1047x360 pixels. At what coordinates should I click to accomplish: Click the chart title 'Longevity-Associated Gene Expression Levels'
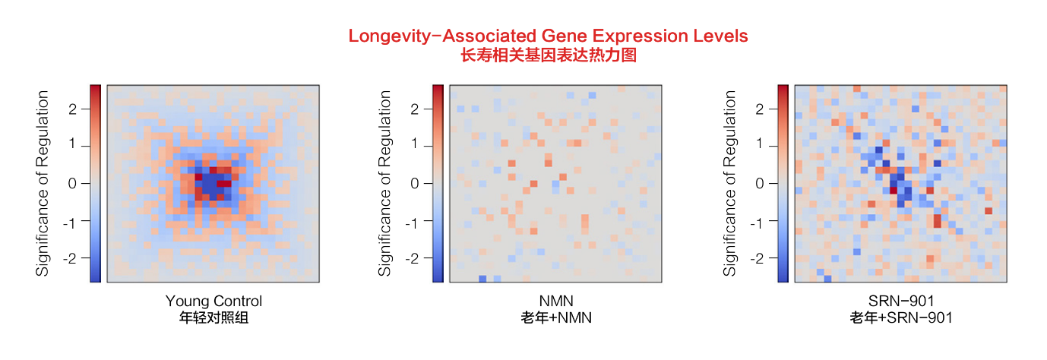coord(548,36)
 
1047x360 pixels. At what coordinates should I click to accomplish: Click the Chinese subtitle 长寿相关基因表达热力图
coord(548,55)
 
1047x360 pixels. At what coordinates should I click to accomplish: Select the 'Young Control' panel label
coord(214,301)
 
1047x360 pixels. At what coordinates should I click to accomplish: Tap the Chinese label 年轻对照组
coord(214,317)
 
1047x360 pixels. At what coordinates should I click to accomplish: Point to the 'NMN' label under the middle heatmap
coord(557,301)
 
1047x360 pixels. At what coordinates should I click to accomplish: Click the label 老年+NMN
coord(557,317)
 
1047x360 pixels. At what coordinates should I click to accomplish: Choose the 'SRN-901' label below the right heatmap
coord(901,301)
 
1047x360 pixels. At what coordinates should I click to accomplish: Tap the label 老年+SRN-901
coord(901,317)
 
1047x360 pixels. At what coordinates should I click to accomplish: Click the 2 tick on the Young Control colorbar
coord(74,109)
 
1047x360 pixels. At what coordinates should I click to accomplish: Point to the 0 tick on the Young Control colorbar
coord(74,183)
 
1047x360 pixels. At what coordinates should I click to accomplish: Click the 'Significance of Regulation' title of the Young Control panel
coord(43,183)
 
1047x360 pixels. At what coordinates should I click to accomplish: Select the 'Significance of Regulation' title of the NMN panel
coord(386,183)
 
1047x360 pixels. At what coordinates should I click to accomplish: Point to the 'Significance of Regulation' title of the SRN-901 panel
coord(731,183)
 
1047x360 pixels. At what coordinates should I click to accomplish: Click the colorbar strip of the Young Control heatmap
coord(95,183)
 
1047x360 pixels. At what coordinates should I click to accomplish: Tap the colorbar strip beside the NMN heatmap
coord(438,183)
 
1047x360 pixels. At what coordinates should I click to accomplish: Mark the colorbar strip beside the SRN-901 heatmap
coord(783,183)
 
